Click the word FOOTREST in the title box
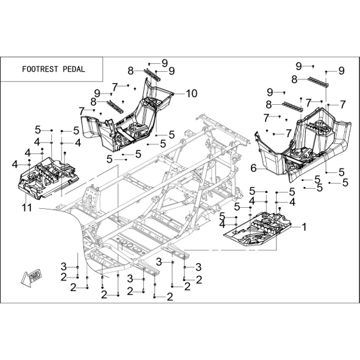pyautogui.click(x=40, y=69)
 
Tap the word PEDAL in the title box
pyautogui.click(x=74, y=69)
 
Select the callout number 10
pyautogui.click(x=191, y=93)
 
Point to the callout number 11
pyautogui.click(x=27, y=208)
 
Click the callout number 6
pyautogui.click(x=253, y=168)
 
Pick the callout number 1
pyautogui.click(x=304, y=227)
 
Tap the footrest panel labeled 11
pyautogui.click(x=48, y=177)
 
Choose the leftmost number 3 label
pyautogui.click(x=63, y=267)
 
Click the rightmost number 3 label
pyautogui.click(x=199, y=267)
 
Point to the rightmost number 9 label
pyautogui.click(x=342, y=71)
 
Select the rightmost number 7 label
pyautogui.click(x=343, y=104)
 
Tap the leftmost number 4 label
pyautogui.click(x=15, y=164)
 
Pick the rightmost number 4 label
pyautogui.click(x=292, y=202)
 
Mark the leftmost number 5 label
pyautogui.click(x=38, y=130)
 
